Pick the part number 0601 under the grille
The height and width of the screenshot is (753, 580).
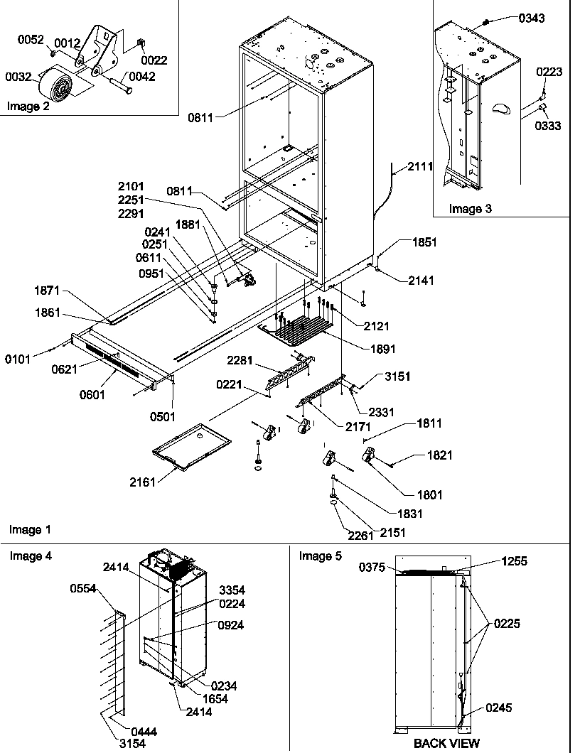click(93, 395)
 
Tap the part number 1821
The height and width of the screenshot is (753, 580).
click(439, 455)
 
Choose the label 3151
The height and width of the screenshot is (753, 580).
click(398, 376)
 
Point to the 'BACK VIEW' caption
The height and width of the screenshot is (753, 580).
click(447, 744)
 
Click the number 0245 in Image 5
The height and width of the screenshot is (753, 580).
click(499, 708)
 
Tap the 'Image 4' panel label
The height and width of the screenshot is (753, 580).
click(30, 556)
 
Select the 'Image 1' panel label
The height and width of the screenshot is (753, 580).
click(30, 530)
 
